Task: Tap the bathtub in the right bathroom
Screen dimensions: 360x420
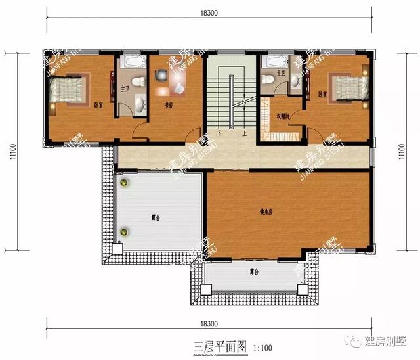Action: click(x=274, y=62)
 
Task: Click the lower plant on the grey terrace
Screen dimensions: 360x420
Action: click(x=123, y=231)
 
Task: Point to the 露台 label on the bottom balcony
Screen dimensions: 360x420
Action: click(x=253, y=271)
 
